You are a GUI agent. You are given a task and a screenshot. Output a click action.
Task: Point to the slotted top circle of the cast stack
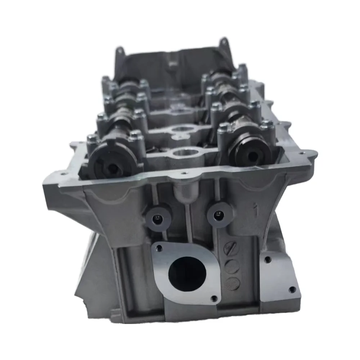click(231, 249)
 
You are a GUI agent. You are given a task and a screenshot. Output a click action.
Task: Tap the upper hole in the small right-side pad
click(267, 259)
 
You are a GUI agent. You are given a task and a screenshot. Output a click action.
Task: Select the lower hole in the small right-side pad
click(292, 289)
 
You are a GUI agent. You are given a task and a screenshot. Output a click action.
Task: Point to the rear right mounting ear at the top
click(224, 42)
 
